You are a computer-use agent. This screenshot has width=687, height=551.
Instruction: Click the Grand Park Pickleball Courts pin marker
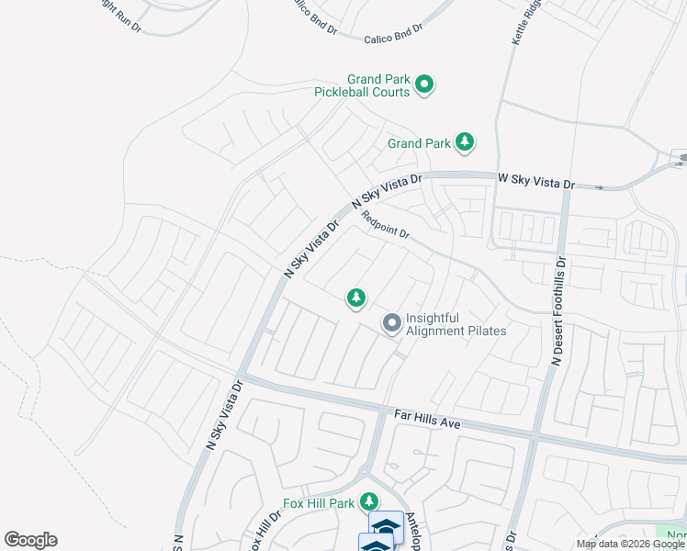click(424, 85)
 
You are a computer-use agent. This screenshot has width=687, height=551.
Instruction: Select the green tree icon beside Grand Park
click(466, 141)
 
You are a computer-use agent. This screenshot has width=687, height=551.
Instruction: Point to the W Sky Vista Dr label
click(535, 180)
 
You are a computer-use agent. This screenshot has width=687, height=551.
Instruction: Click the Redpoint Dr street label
click(385, 226)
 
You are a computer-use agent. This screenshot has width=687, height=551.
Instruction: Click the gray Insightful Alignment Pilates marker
click(392, 323)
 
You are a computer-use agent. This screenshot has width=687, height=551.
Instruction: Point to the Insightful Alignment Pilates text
click(456, 324)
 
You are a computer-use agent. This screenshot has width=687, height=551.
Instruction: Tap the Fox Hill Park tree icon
click(369, 501)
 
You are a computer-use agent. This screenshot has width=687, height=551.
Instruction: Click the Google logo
click(30, 540)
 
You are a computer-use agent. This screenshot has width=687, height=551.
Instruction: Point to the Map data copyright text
click(631, 544)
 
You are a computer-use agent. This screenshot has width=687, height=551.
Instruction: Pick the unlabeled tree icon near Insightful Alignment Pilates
click(356, 298)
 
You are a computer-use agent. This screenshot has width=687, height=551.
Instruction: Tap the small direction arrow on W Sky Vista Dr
click(600, 187)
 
